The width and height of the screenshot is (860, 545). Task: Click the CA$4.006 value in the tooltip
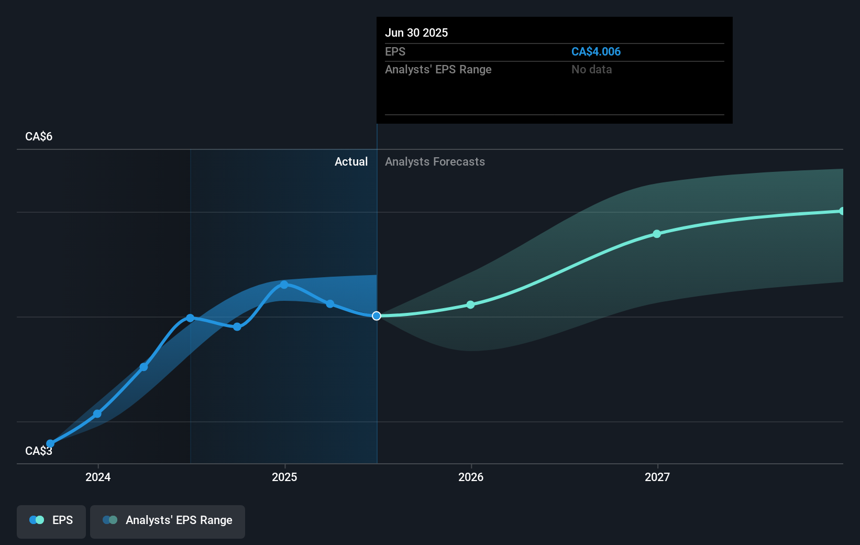coord(596,51)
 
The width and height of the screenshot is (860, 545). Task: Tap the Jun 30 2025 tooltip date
coord(416,32)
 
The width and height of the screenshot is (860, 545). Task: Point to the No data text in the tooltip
coord(591,69)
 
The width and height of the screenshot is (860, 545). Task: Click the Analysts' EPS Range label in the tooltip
coord(438,69)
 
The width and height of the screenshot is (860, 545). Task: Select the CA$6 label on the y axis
coord(39,136)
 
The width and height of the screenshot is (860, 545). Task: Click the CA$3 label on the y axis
coord(39,451)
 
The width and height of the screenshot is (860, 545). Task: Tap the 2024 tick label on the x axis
coord(98,477)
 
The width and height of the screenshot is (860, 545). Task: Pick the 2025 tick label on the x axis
coord(284,477)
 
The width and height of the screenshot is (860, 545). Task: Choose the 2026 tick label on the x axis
coord(471,477)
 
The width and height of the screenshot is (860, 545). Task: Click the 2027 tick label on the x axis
coord(657,477)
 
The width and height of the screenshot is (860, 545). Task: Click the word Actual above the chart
coord(351,161)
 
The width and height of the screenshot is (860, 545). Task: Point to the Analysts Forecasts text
coord(435,161)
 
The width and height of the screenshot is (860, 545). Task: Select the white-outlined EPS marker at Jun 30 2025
coord(377,316)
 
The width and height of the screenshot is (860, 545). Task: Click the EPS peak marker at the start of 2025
coord(284,285)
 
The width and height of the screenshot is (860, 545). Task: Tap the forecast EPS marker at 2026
coord(470,304)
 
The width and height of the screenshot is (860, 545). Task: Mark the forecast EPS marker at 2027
coord(657,234)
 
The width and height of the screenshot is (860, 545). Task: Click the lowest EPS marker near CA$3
coord(50,444)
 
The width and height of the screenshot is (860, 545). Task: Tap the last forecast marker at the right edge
coord(842,211)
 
